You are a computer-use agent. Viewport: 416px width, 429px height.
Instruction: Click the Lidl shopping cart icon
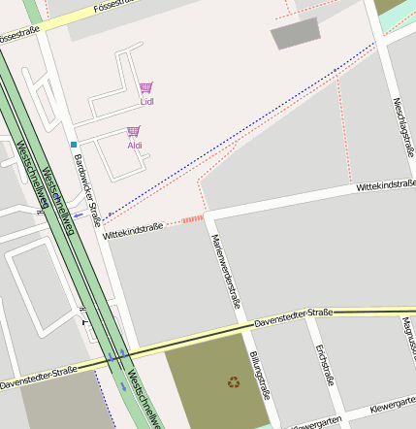click(x=145, y=87)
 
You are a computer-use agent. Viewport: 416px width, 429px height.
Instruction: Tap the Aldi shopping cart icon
click(x=134, y=131)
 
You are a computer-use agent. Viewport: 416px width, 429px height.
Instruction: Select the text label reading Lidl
click(x=146, y=101)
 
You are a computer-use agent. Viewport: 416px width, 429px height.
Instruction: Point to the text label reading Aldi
click(x=135, y=146)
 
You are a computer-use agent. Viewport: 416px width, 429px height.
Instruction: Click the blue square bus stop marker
click(x=73, y=145)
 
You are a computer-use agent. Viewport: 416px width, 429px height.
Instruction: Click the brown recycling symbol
click(x=234, y=381)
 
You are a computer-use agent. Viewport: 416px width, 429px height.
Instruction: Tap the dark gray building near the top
click(x=295, y=35)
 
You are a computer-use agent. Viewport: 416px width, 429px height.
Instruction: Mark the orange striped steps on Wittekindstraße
click(x=192, y=220)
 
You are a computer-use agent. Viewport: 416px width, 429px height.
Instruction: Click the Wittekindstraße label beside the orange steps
click(x=132, y=230)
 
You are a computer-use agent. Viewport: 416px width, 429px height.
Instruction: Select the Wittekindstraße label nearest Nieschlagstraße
click(x=386, y=184)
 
